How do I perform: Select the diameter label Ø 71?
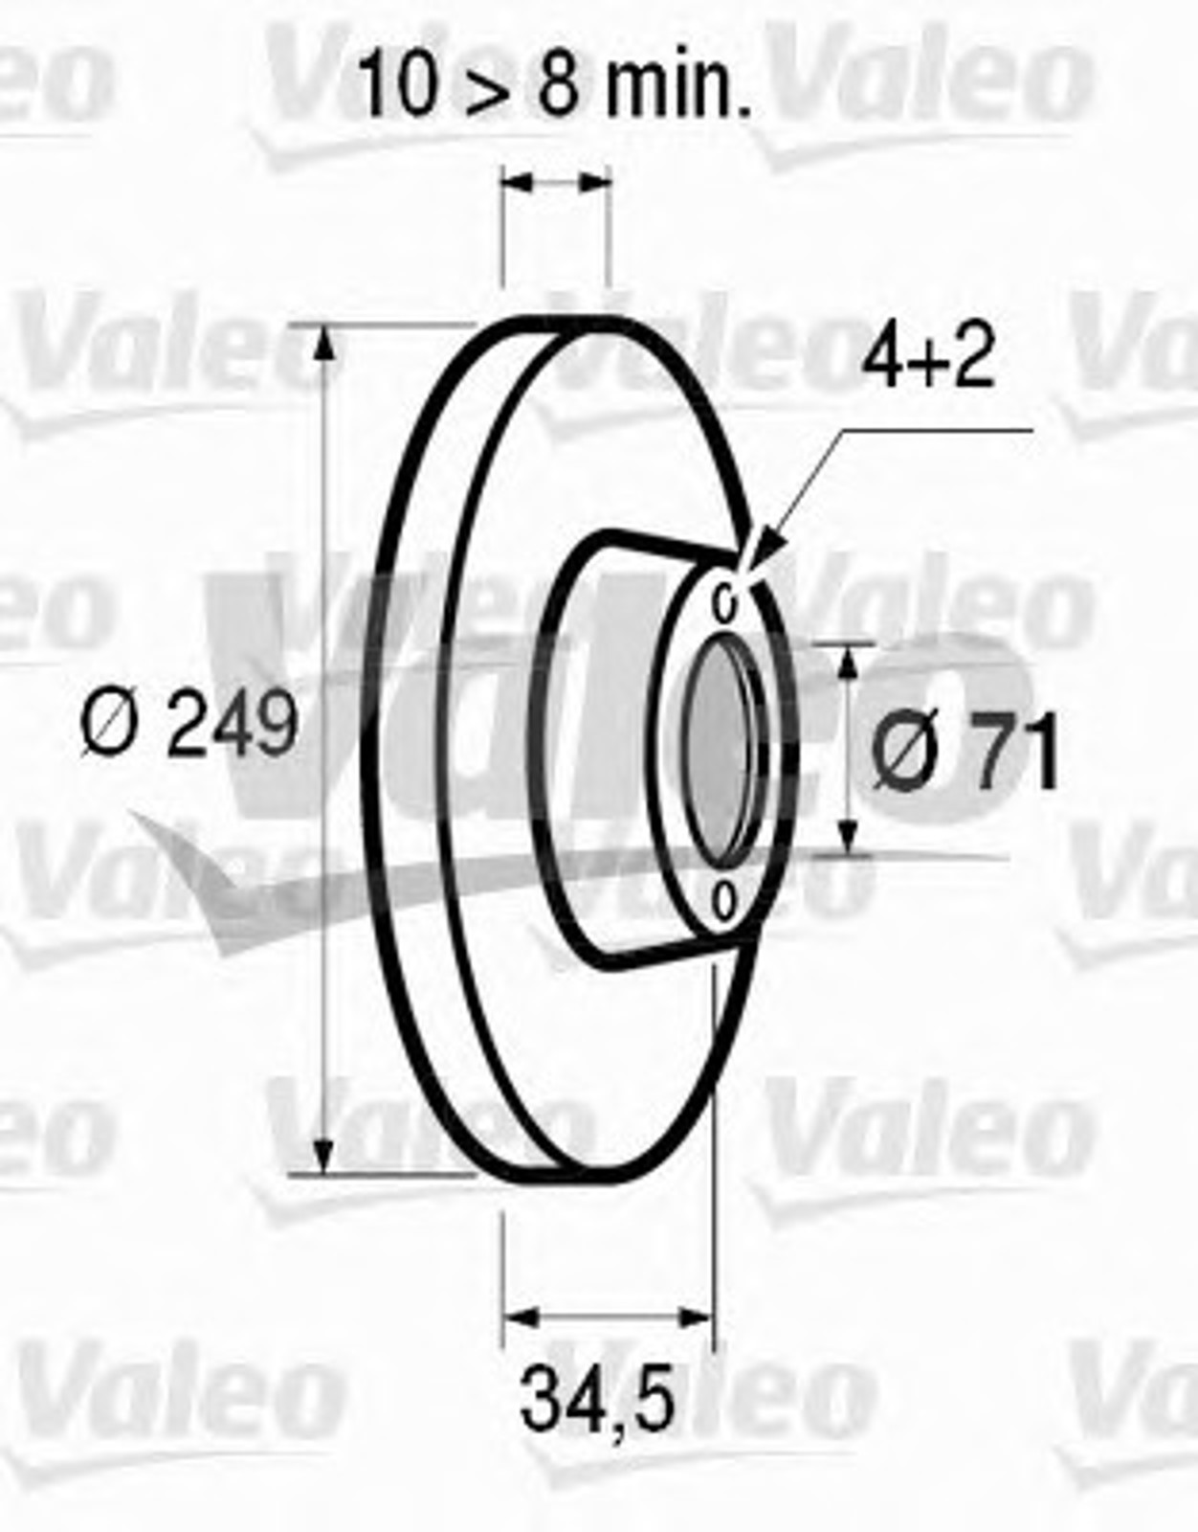pyautogui.click(x=965, y=750)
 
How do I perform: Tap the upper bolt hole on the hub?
pyautogui.click(x=725, y=602)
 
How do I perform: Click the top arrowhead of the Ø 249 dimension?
pyautogui.click(x=323, y=349)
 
